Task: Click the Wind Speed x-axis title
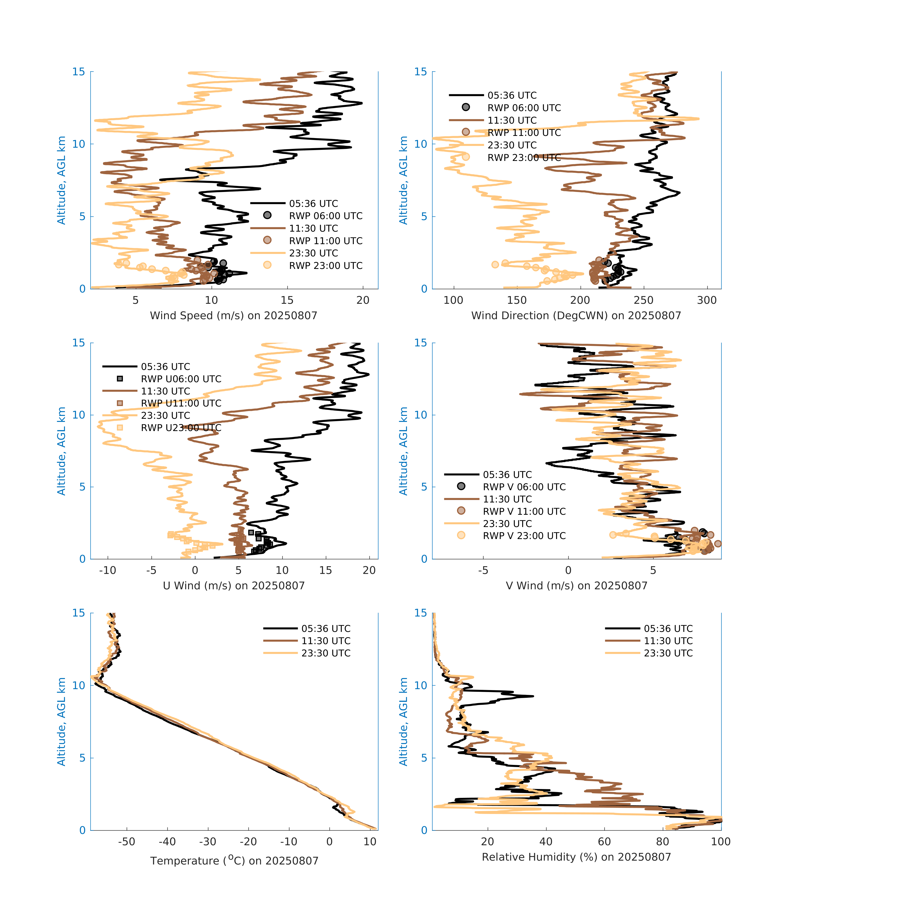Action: (234, 316)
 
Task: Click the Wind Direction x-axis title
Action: (576, 316)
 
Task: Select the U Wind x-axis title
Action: (234, 585)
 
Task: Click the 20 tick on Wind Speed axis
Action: (363, 300)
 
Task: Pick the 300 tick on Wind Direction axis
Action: (707, 300)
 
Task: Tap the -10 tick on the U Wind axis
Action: (108, 570)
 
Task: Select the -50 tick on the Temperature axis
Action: (127, 842)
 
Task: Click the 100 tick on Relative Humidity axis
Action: (721, 842)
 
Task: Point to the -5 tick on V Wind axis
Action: (483, 570)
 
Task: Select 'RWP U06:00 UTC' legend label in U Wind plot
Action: (181, 379)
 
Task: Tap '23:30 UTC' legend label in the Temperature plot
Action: (326, 653)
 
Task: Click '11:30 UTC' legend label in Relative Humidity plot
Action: (668, 641)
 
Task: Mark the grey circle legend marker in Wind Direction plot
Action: (466, 108)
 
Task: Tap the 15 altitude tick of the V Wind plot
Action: (421, 343)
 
